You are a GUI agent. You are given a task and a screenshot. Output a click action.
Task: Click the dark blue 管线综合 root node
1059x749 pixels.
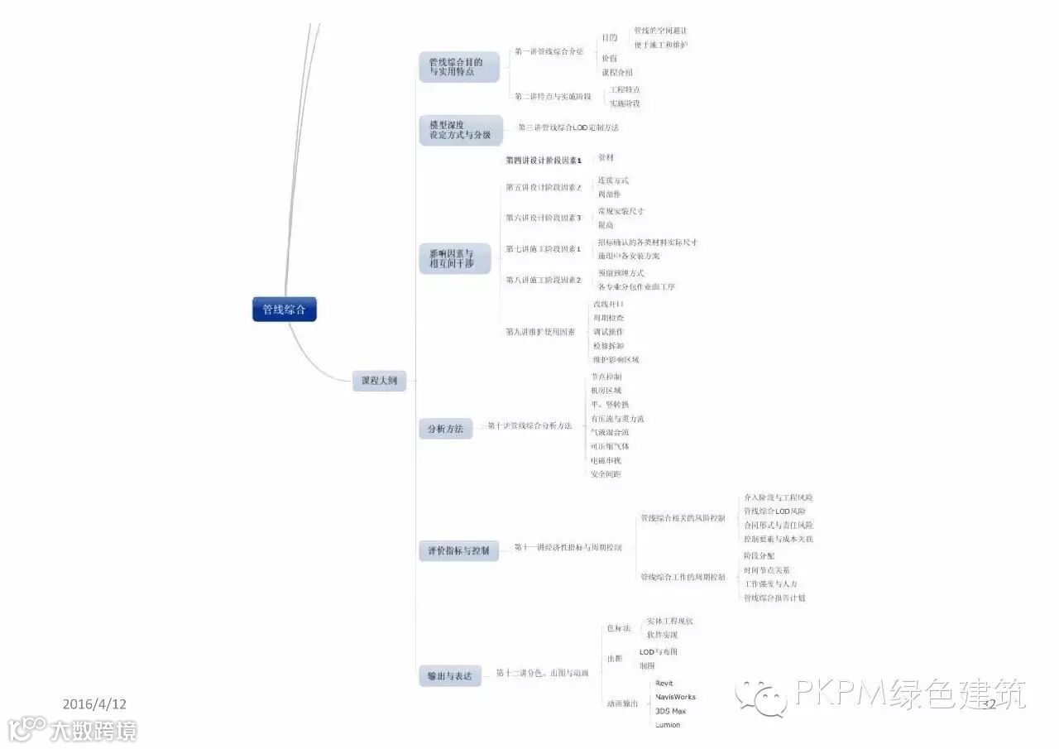point(284,310)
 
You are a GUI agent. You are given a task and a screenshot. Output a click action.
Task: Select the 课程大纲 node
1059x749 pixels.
point(379,381)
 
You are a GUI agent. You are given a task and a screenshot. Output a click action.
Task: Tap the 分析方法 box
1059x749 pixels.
point(445,429)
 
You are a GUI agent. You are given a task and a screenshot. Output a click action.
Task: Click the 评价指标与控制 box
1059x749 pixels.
point(458,550)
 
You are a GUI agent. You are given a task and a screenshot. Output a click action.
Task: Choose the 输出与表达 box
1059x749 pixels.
point(449,676)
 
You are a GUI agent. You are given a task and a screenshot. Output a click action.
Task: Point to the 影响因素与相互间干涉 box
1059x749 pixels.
point(454,258)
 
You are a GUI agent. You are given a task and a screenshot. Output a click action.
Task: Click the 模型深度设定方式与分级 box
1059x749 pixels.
point(460,130)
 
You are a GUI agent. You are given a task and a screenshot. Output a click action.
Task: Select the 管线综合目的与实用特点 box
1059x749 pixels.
point(458,67)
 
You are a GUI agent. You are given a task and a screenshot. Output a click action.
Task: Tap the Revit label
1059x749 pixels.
point(664,684)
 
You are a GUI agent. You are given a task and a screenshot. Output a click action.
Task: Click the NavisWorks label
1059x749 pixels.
point(675,697)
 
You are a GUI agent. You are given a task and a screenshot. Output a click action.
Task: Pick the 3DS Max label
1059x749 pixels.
point(670,711)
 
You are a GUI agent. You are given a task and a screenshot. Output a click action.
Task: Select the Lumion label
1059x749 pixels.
point(667,725)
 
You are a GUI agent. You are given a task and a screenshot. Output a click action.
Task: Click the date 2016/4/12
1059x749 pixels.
point(94,704)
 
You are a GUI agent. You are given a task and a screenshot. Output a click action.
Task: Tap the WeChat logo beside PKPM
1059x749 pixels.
point(762,697)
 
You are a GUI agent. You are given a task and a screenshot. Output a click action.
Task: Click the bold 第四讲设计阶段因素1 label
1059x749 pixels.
point(544,160)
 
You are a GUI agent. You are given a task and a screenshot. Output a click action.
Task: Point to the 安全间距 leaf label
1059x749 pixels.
point(606,474)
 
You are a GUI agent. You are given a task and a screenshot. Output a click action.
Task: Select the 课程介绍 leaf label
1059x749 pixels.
point(617,73)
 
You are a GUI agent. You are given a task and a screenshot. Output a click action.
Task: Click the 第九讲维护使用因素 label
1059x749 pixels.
point(540,332)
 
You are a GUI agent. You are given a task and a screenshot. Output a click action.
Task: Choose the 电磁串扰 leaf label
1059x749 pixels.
point(606,460)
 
